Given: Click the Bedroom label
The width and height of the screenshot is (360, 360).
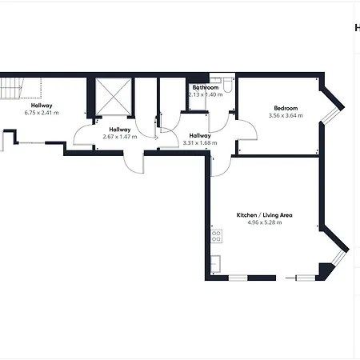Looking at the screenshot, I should tap(286, 108).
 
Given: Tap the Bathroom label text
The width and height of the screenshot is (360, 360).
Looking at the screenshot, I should tap(206, 87).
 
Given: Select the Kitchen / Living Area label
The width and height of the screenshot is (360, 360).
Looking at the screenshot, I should tap(264, 215).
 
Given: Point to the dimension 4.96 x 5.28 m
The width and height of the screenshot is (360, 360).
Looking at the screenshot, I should tap(264, 222).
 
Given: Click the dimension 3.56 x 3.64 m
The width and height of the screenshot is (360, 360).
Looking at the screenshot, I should tap(286, 115).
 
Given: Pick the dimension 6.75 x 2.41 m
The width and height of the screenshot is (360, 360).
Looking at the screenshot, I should tap(42, 113).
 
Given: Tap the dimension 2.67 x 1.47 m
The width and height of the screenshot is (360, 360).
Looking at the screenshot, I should tap(120, 137).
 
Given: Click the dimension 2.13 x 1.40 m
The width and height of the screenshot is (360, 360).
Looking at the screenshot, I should tap(204, 94).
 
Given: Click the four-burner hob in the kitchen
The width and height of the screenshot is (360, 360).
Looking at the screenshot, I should tap(216, 236).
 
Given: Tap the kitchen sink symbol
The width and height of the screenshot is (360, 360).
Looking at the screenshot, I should tap(215, 263).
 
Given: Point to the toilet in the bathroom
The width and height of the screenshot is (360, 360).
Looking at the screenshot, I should tap(227, 85).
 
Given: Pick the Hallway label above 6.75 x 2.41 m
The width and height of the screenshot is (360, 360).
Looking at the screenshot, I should tap(42, 106).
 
